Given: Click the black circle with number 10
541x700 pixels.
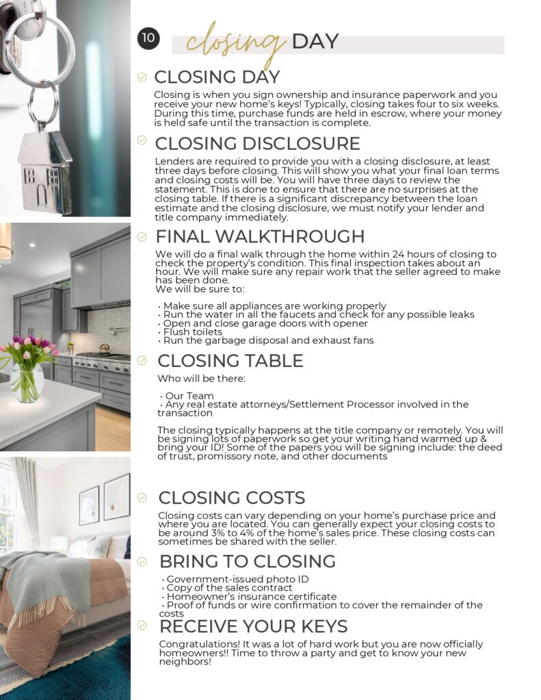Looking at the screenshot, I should point(148,38).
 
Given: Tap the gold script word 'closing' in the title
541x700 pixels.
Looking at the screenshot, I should point(236,43).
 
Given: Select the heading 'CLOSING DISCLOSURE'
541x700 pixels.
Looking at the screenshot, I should point(257,144).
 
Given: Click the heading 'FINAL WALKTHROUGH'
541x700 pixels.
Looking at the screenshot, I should point(260,237).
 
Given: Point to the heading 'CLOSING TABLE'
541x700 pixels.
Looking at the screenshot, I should point(230,361).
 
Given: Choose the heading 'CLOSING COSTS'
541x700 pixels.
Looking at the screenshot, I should point(231,498).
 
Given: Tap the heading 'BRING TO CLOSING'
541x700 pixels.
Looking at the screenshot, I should point(247,562).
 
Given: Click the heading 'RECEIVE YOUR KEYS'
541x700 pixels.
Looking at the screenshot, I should point(253,626).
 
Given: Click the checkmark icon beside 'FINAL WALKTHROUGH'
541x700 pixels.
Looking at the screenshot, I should point(142,237).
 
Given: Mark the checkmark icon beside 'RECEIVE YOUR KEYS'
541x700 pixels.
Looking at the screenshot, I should point(142,625).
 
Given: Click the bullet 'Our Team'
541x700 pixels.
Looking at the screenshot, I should point(189,396).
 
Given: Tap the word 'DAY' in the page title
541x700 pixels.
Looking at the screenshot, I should point(315,42).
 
